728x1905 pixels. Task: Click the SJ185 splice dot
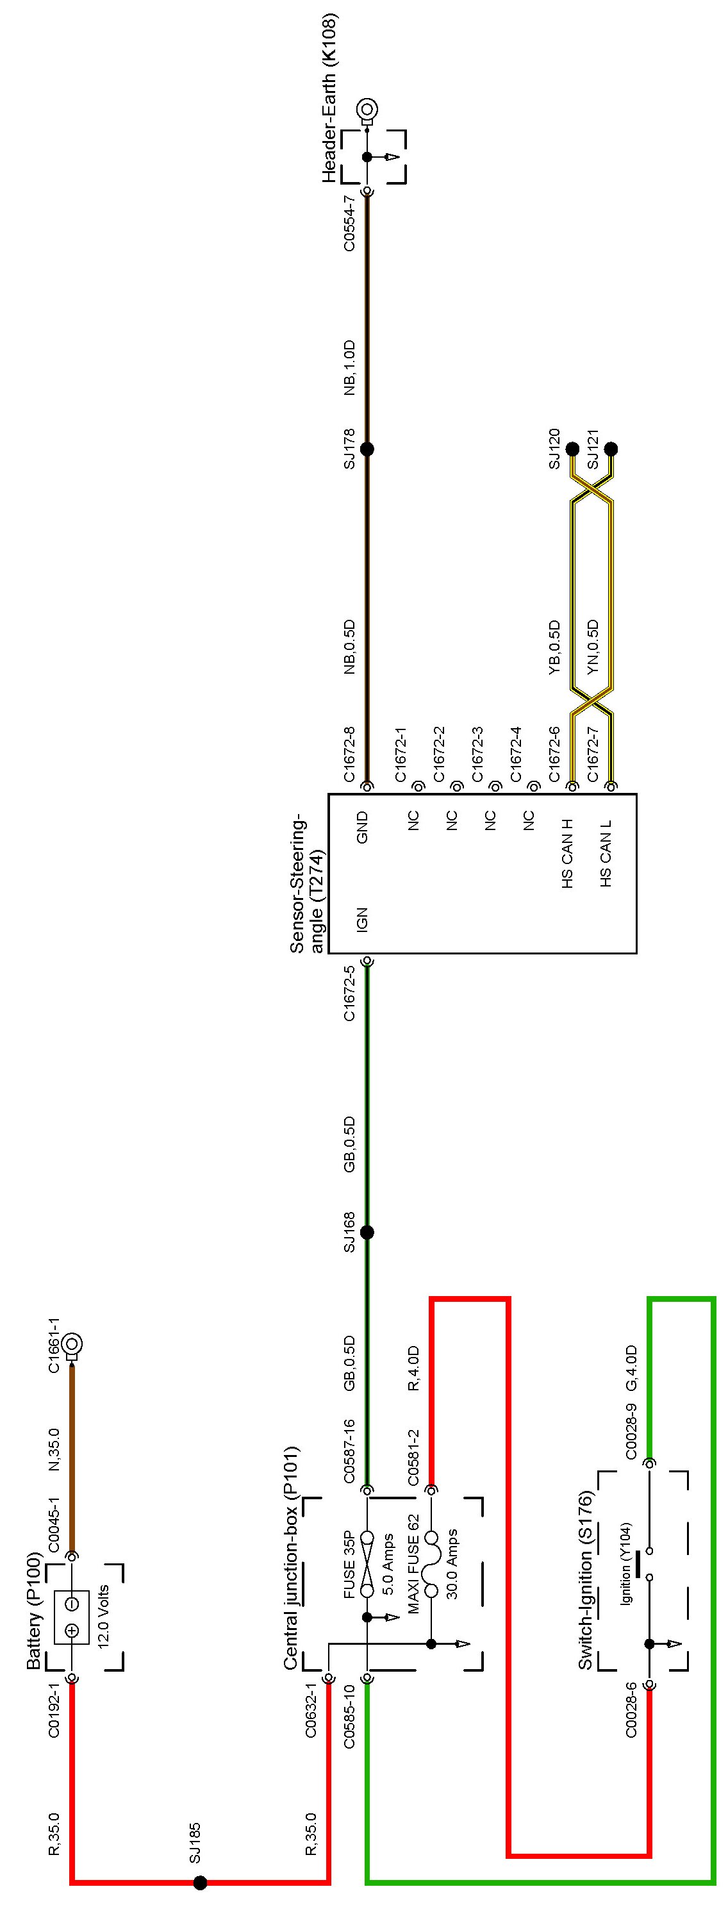tap(199, 1882)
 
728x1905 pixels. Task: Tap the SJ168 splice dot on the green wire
tap(367, 1232)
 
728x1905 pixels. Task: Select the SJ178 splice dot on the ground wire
tap(367, 449)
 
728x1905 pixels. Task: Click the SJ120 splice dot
tap(573, 449)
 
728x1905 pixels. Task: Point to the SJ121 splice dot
tap(611, 449)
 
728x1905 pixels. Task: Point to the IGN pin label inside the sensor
tap(362, 919)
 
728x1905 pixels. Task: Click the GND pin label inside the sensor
tap(362, 828)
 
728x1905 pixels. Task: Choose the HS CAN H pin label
tap(568, 853)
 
